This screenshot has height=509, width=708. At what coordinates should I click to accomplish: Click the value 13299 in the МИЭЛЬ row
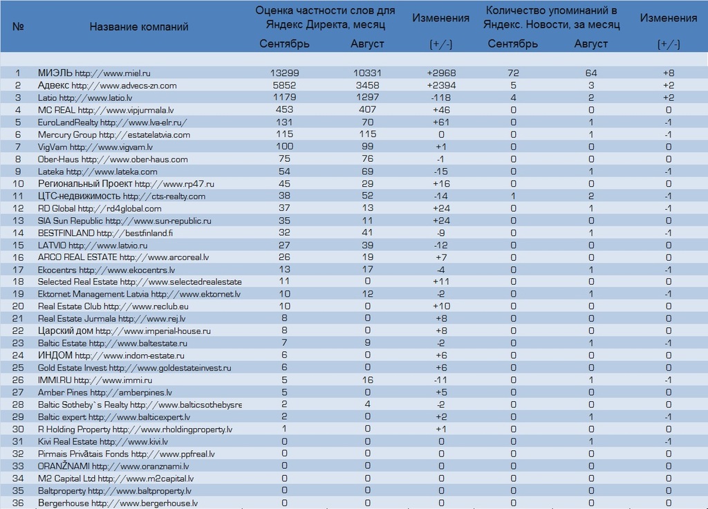coord(284,73)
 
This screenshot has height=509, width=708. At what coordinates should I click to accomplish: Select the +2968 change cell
coord(441,73)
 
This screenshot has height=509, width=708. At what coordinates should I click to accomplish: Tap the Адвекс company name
coord(53,85)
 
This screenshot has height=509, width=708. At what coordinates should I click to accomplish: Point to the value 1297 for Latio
coord(368,98)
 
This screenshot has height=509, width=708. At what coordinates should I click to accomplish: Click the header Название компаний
coord(138,27)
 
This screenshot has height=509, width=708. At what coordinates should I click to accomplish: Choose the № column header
coord(18,27)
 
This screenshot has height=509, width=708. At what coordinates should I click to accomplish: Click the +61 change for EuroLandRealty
coord(441,122)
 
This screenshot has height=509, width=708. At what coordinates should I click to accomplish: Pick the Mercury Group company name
coord(67,135)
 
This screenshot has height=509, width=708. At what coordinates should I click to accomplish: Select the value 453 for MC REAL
coord(284,110)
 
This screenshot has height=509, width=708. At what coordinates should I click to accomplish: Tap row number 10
coord(18,184)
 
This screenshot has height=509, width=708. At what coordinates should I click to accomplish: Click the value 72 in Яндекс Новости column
coord(514,73)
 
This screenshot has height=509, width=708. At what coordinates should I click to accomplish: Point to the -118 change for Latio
coord(441,98)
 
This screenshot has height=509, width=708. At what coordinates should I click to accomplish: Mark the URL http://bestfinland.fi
coord(135,233)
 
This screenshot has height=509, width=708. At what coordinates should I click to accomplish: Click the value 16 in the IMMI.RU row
coord(368,380)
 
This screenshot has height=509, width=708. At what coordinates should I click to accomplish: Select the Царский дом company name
coord(66,331)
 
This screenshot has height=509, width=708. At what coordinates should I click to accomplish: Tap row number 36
coord(18,503)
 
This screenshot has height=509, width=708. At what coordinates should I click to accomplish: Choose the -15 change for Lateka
coord(441,172)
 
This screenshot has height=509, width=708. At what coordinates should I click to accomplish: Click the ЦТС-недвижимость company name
coord(79,196)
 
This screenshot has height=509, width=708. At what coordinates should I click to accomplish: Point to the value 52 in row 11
coord(368,196)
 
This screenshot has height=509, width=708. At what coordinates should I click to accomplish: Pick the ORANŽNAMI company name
coord(64,466)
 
